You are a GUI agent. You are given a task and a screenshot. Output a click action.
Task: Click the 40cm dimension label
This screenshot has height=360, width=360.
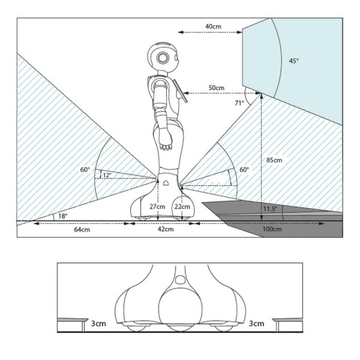(x=213, y=26)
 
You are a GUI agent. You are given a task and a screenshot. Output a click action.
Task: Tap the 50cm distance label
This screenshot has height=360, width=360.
(x=216, y=88)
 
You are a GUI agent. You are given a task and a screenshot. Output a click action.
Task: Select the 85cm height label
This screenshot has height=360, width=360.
(x=274, y=160)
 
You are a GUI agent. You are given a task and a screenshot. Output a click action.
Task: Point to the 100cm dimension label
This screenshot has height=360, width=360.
(x=272, y=229)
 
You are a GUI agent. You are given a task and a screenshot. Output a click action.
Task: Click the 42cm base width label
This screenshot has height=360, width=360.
(x=166, y=229)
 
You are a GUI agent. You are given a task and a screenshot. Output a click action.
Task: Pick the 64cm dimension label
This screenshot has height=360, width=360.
(x=82, y=229)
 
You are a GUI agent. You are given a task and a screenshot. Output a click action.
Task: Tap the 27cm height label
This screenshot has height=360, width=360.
(x=157, y=206)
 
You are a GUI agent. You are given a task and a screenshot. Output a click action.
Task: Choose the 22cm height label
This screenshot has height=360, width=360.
(x=182, y=206)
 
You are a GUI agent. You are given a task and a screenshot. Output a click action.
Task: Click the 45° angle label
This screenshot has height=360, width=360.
(x=293, y=61)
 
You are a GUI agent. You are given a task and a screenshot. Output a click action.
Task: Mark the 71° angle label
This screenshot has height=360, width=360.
(x=239, y=103)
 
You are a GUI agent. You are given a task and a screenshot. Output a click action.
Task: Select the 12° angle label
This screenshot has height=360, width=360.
(x=107, y=175)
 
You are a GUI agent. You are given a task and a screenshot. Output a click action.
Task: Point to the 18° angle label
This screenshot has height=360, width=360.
(x=62, y=216)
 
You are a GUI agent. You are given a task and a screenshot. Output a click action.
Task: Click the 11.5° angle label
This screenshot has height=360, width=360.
(x=270, y=209)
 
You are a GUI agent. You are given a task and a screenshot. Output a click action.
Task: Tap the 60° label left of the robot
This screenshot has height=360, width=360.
(x=85, y=170)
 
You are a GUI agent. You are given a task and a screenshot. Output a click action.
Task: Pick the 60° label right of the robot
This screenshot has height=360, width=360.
(x=244, y=170)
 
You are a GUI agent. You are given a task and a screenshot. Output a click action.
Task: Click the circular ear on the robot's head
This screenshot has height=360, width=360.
(x=163, y=58)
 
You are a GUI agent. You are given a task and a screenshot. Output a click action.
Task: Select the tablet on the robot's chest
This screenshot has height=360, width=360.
(x=181, y=91)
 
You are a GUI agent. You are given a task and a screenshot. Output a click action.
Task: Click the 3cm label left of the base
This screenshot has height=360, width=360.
(x=98, y=323)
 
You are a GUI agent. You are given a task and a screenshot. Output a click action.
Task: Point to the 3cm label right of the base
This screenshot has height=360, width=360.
(x=256, y=323)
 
